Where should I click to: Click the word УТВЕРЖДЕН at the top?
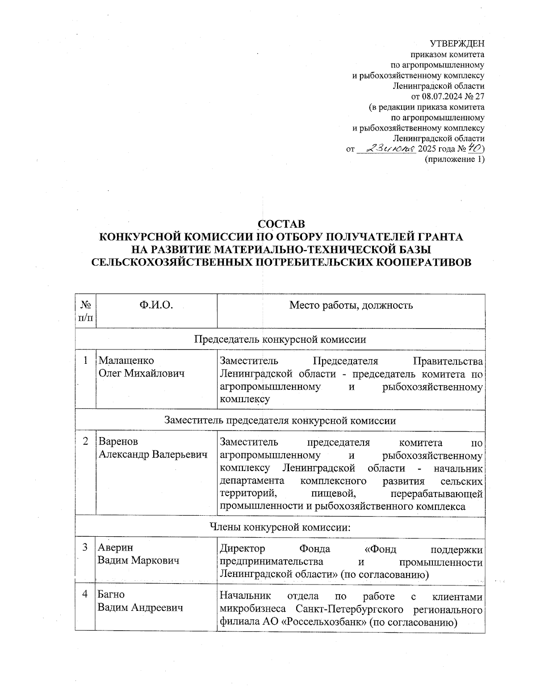point(457,43)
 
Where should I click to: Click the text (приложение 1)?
point(454,160)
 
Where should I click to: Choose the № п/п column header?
point(85,311)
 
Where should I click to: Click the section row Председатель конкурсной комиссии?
point(280,339)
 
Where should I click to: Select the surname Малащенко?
point(126,360)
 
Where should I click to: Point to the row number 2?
point(85,442)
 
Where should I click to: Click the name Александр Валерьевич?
point(153,454)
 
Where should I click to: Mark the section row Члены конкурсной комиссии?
point(280,527)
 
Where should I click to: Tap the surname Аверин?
point(116,548)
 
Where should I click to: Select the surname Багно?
point(111,595)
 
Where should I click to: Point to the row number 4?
point(85,595)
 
